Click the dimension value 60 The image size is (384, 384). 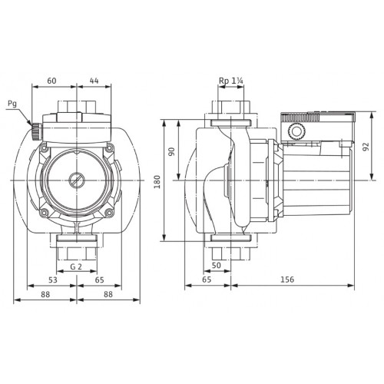click(x=51, y=81)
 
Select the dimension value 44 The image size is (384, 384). click(x=94, y=81)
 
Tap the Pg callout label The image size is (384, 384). click(x=12, y=104)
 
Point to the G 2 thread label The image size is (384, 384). click(x=76, y=266)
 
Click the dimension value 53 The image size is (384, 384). click(x=53, y=280)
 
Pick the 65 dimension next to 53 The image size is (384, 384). click(x=100, y=280)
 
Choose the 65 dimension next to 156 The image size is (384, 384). click(x=207, y=280)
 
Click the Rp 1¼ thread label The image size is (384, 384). click(x=231, y=81)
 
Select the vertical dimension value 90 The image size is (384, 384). click(x=172, y=151)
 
